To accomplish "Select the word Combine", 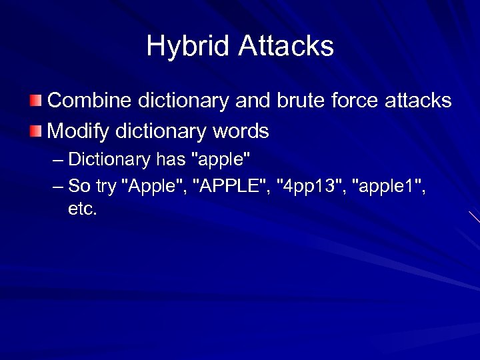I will click(91, 101).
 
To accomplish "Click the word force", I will click(356, 101).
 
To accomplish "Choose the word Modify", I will click(79, 131).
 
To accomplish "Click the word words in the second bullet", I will click(240, 131).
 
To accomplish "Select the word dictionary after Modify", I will click(160, 131).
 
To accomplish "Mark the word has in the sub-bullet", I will click(171, 160).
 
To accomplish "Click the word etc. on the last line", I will click(83, 209).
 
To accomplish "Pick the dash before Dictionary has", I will click(57, 160).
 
